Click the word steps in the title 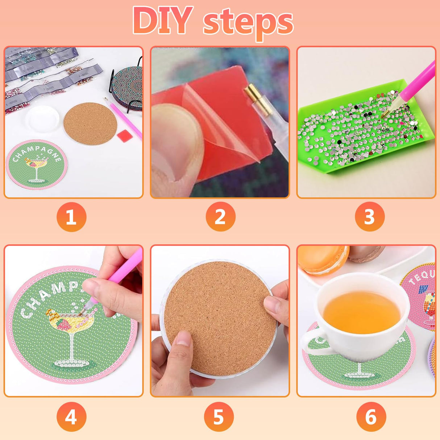tap(248, 22)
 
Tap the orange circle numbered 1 tap(71, 217)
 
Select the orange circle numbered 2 tap(220, 217)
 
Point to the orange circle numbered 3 tap(369, 217)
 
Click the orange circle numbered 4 tap(71, 417)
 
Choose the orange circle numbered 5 tap(219, 417)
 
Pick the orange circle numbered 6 tap(371, 417)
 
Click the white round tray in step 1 tap(43, 119)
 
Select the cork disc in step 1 tap(90, 124)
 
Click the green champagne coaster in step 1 tap(36, 165)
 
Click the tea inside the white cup tap(361, 312)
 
